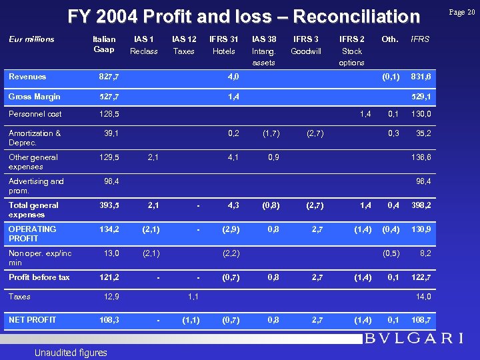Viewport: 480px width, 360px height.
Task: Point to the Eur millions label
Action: [x=31, y=39]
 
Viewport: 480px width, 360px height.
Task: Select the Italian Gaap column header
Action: [x=104, y=45]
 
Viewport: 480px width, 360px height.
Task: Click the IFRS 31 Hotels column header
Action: [x=223, y=45]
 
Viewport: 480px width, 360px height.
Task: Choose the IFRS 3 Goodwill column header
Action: [x=306, y=45]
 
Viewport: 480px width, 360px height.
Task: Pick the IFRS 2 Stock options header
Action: [x=351, y=51]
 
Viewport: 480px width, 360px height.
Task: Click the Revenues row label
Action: [x=27, y=77]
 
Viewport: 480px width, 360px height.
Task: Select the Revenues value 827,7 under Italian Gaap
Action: [x=108, y=77]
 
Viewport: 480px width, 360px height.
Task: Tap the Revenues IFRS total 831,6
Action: [x=421, y=77]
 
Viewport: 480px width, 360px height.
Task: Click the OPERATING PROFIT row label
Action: [x=32, y=233]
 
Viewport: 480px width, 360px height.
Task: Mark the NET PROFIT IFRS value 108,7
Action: [x=421, y=320]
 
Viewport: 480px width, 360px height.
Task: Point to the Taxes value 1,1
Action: [x=193, y=297]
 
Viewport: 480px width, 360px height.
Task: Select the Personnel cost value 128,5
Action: [x=108, y=115]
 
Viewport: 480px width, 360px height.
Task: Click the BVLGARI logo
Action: [x=413, y=338]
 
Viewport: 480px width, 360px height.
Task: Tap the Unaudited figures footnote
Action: [x=69, y=352]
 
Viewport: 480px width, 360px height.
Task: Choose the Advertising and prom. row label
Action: [x=36, y=185]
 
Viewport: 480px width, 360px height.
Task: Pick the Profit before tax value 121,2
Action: [x=108, y=277]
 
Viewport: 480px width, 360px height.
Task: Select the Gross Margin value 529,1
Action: [x=421, y=97]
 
